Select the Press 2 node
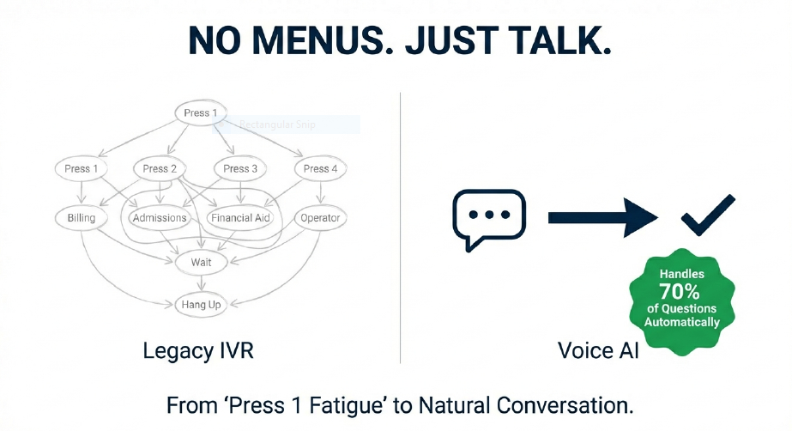pyautogui.click(x=160, y=168)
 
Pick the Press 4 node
pyautogui.click(x=320, y=168)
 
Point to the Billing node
pyautogui.click(x=82, y=218)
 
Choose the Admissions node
pyautogui.click(x=160, y=218)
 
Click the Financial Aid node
pyautogui.click(x=240, y=218)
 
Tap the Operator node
pyautogui.click(x=320, y=218)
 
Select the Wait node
pyautogui.click(x=201, y=261)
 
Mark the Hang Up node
pyautogui.click(x=201, y=304)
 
